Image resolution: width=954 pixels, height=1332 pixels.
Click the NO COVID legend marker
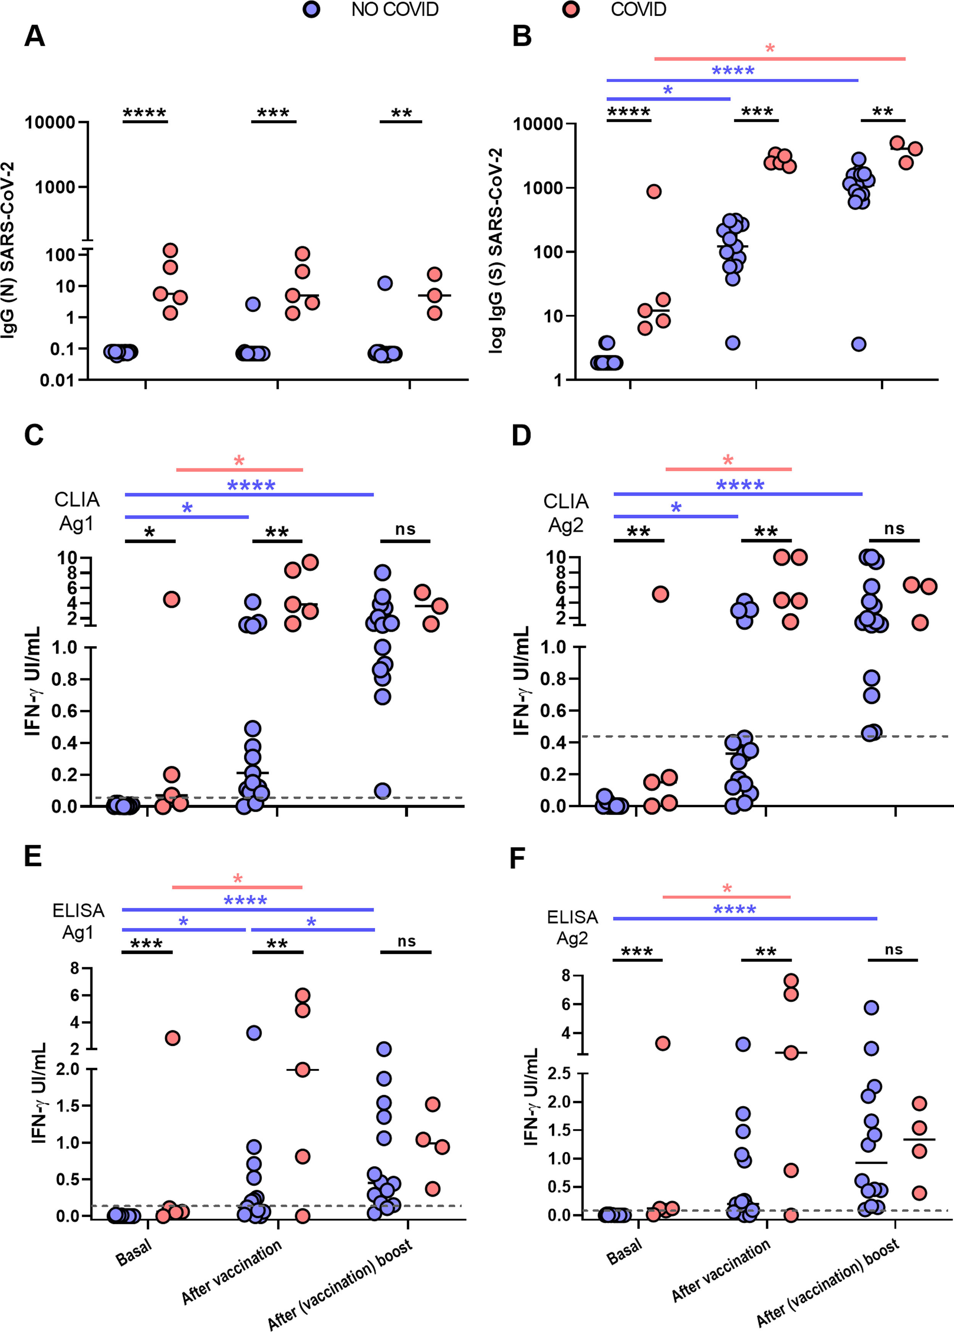pos(311,10)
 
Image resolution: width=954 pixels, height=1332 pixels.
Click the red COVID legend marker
pos(571,10)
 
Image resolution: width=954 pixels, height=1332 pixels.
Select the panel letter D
pos(521,436)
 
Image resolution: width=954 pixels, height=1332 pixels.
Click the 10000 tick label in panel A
pos(50,123)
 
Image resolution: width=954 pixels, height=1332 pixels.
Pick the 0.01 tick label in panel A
pos(58,380)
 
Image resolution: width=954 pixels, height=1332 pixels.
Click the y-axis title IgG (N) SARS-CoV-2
pos(8,250)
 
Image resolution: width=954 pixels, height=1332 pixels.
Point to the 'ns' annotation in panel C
pos(405,529)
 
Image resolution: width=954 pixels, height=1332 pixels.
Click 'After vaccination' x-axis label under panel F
pos(721,1270)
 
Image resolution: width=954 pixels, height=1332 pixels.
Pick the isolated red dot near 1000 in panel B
pos(654,192)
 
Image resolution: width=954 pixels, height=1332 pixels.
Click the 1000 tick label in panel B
pos(543,188)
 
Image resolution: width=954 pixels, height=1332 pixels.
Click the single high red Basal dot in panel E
pos(172,1038)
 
